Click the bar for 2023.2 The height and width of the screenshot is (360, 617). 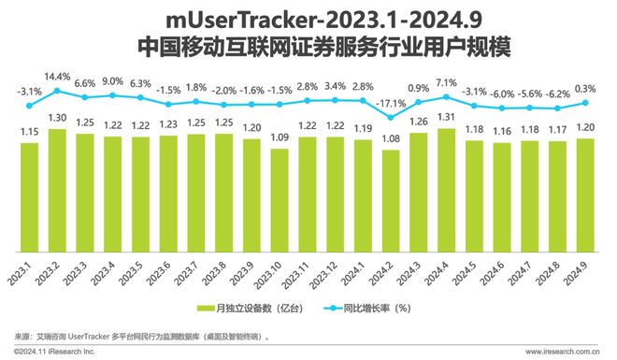pos(58,191)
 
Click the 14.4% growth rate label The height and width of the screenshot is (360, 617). pos(58,75)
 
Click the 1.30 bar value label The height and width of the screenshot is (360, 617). pos(58,119)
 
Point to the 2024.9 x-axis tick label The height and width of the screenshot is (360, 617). pos(585,274)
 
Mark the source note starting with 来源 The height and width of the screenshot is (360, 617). pos(140,335)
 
